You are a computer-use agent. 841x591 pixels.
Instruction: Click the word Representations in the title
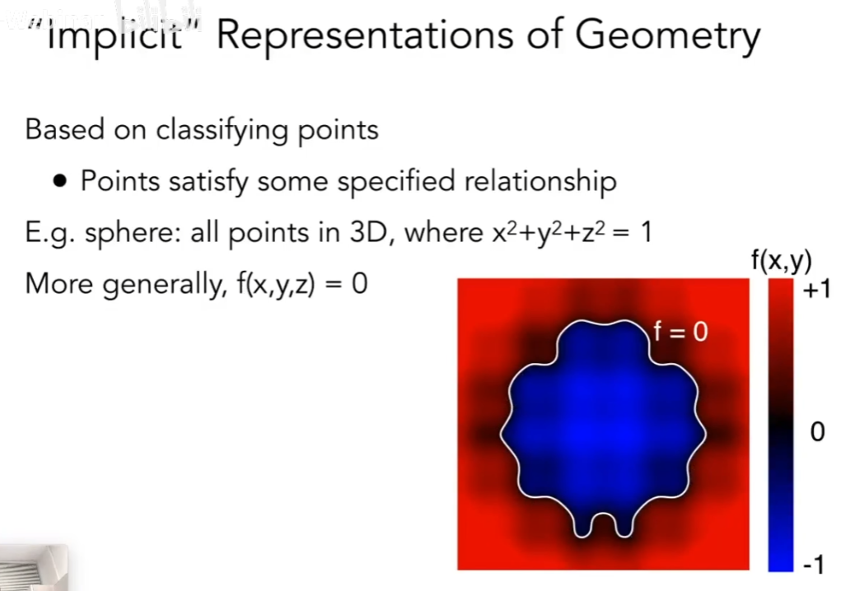[x=365, y=35]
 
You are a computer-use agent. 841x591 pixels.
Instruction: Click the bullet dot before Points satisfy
[x=61, y=181]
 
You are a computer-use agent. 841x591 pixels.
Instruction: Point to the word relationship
[x=540, y=182]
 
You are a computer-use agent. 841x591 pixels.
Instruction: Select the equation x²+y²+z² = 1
[x=572, y=232]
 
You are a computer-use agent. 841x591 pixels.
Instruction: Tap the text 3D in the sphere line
[x=368, y=233]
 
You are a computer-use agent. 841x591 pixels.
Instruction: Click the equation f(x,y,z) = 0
[x=302, y=284]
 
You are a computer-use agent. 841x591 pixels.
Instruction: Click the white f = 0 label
[x=680, y=332]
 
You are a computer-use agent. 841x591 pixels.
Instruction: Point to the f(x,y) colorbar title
[x=782, y=261]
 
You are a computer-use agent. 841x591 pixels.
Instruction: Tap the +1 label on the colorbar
[x=816, y=290]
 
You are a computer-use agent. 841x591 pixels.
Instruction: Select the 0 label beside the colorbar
[x=817, y=431]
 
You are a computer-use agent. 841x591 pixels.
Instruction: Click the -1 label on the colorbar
[x=813, y=565]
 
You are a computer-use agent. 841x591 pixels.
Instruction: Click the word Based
[x=64, y=130]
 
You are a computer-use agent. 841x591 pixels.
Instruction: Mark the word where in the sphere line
[x=443, y=233]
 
